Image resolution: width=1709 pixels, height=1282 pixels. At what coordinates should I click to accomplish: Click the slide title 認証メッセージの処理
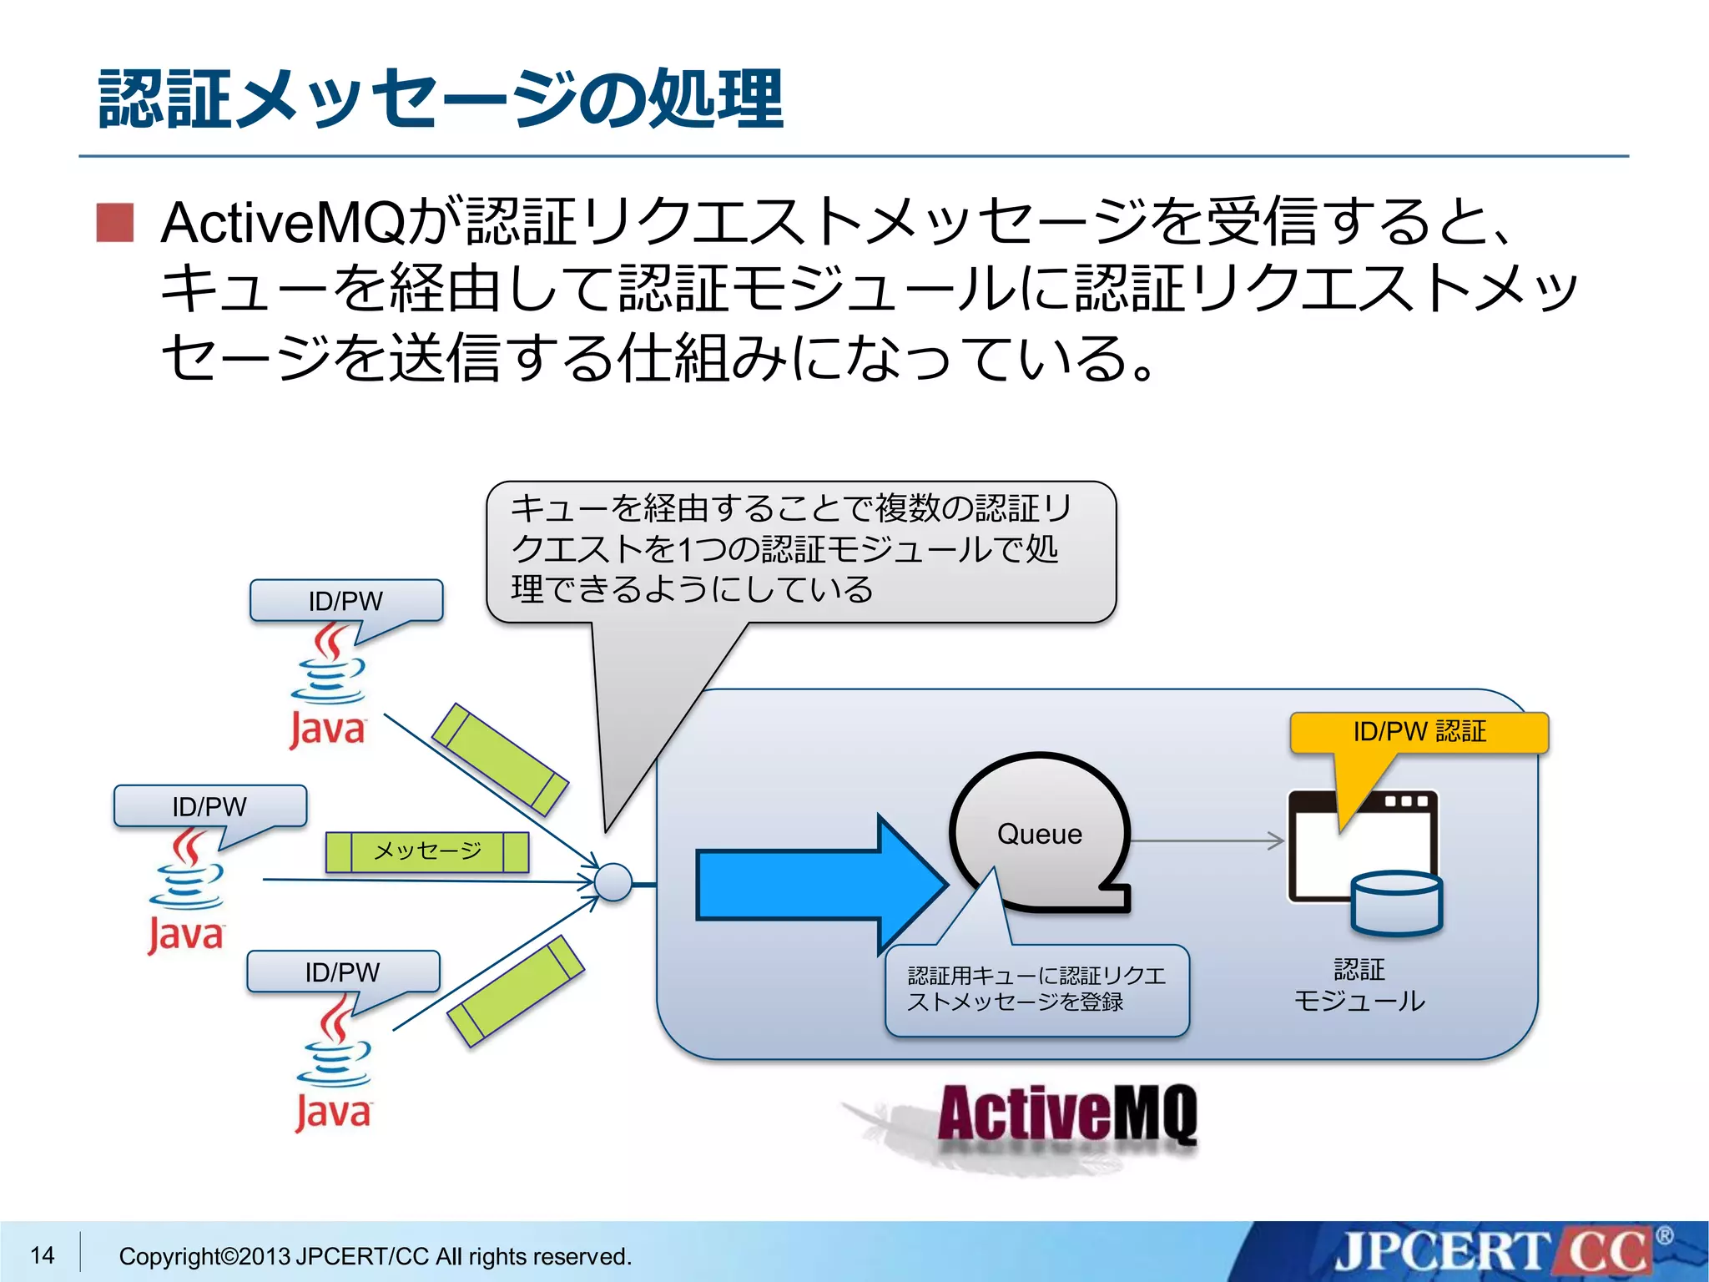pos(441,98)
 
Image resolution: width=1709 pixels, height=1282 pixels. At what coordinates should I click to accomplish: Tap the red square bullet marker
pos(115,223)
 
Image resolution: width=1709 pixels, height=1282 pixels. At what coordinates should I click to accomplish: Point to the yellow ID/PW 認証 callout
pos(1419,732)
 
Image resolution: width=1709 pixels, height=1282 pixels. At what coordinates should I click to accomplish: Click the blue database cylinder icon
pos(1396,903)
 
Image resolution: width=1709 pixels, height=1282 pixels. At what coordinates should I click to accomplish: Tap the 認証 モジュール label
pos(1359,985)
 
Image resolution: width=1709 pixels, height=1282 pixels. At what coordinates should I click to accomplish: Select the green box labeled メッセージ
pos(427,851)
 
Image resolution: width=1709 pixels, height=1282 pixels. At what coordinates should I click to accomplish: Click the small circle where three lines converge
pos(613,882)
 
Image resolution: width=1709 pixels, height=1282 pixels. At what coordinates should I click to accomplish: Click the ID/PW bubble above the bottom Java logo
pos(343,972)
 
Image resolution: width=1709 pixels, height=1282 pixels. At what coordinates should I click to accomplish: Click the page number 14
pos(43,1255)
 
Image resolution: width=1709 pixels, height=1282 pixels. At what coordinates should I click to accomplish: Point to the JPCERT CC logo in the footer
pos(1494,1253)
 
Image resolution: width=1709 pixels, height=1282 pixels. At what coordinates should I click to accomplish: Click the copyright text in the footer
pos(376,1256)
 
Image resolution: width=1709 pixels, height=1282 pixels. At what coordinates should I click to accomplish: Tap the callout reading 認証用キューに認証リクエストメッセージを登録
pos(1036,990)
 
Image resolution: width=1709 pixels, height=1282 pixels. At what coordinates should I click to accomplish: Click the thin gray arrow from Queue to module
pos(1206,840)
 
